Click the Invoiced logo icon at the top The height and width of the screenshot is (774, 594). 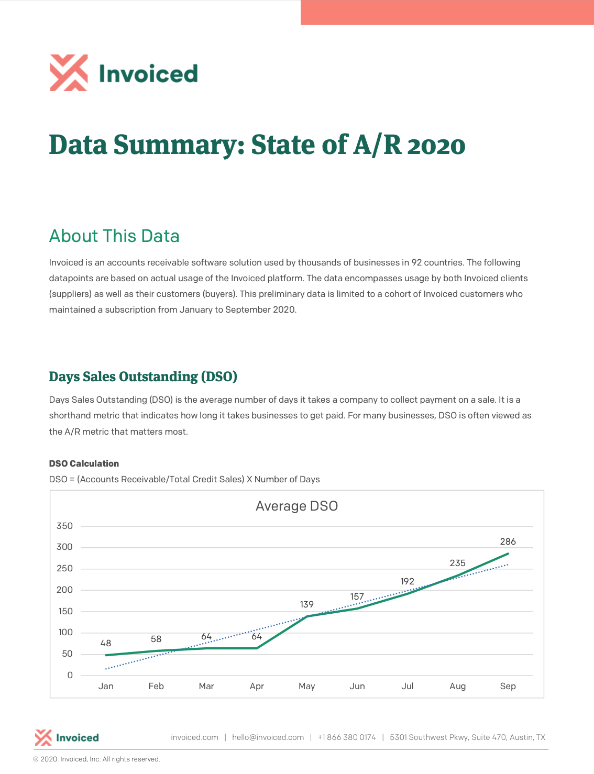tap(69, 73)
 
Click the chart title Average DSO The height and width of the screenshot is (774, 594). tap(296, 506)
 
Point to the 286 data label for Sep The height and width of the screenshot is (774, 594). tap(508, 541)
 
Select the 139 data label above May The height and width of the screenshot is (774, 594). tap(306, 604)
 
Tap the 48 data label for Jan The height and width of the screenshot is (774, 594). tap(106, 643)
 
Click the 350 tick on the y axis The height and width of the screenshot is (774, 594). tap(64, 526)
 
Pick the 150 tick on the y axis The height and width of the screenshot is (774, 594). tap(65, 611)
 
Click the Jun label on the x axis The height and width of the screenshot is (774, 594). tap(357, 686)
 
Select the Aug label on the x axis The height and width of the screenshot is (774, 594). tap(457, 686)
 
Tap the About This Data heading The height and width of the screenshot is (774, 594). tap(114, 236)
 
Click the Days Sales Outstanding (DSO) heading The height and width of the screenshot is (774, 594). tap(143, 377)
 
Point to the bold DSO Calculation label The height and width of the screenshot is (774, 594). tap(84, 463)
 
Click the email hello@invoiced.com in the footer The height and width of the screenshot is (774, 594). tap(268, 737)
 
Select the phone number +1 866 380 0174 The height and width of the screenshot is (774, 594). tap(347, 737)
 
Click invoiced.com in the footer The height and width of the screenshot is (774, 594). tap(194, 737)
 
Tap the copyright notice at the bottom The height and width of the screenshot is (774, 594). tap(96, 759)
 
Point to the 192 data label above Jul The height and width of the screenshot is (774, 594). tap(407, 581)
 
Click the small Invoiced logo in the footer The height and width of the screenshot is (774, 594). tap(67, 737)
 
